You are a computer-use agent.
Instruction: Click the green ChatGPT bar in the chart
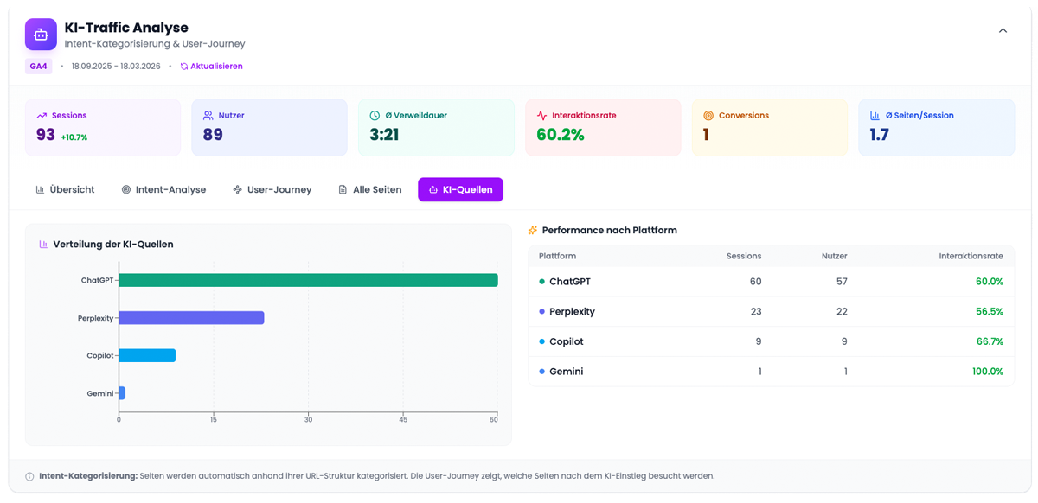pos(308,280)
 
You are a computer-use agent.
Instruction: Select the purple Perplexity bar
pos(191,318)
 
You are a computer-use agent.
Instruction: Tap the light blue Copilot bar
pos(147,355)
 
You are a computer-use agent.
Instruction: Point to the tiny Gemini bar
pos(122,393)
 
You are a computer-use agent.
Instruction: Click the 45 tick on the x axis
pos(403,420)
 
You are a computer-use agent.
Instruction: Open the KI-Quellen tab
pos(460,189)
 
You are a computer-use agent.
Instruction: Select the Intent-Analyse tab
pos(163,189)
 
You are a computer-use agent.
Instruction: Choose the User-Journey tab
pos(272,189)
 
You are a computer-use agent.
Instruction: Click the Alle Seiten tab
pos(370,189)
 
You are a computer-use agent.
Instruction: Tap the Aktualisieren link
pos(212,67)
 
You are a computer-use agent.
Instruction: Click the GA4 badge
pos(38,67)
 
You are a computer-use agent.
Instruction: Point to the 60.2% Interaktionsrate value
pos(561,135)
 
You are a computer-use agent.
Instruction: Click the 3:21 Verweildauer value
pos(384,135)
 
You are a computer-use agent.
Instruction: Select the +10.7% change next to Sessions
pos(74,137)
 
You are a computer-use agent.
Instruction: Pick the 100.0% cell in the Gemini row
pos(986,372)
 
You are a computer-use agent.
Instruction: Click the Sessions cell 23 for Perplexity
pos(755,312)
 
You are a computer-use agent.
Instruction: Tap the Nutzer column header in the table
pos(834,256)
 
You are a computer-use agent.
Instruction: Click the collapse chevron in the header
pos(1003,31)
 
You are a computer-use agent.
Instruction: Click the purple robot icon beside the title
pos(41,35)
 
